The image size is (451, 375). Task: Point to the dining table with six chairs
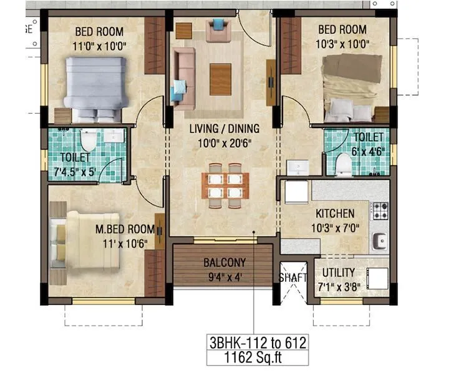pyautogui.click(x=225, y=185)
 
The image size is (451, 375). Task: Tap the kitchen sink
pyautogui.click(x=379, y=240)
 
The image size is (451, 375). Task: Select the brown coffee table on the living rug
pyautogui.click(x=220, y=79)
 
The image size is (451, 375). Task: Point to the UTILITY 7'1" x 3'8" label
pyautogui.click(x=339, y=278)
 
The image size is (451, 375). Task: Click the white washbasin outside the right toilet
pyautogui.click(x=298, y=167)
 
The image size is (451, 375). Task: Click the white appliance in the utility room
pyautogui.click(x=377, y=277)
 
